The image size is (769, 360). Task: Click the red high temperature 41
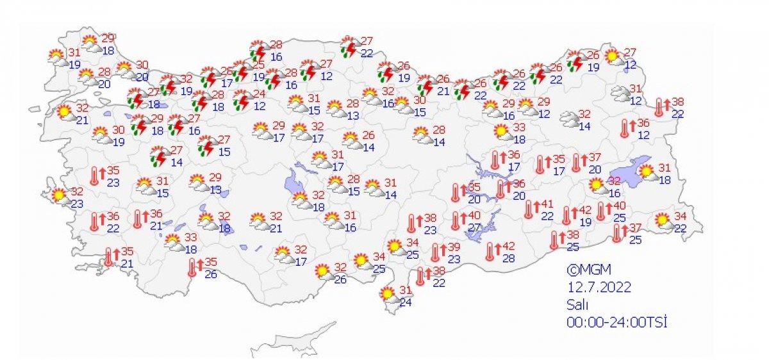[x=547, y=204]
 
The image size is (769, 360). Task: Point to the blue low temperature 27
[x=475, y=228]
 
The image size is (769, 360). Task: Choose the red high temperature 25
[x=258, y=65]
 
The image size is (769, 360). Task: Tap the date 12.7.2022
[x=598, y=287]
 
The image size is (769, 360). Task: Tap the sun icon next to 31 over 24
[x=387, y=294]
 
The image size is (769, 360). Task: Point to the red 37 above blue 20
[x=595, y=158]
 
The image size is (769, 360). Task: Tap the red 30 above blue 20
[x=142, y=65]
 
